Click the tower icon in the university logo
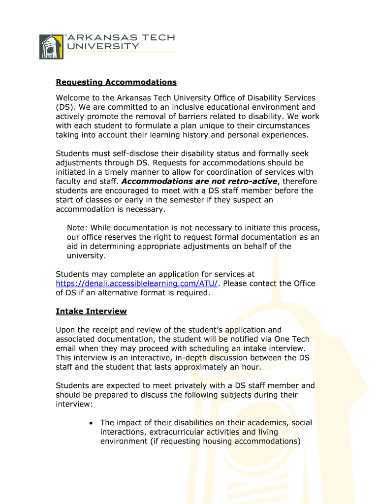tap(51, 46)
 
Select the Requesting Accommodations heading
tap(116, 82)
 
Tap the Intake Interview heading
tap(91, 312)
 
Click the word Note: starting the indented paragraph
tap(77, 228)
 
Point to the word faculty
tap(69, 181)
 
